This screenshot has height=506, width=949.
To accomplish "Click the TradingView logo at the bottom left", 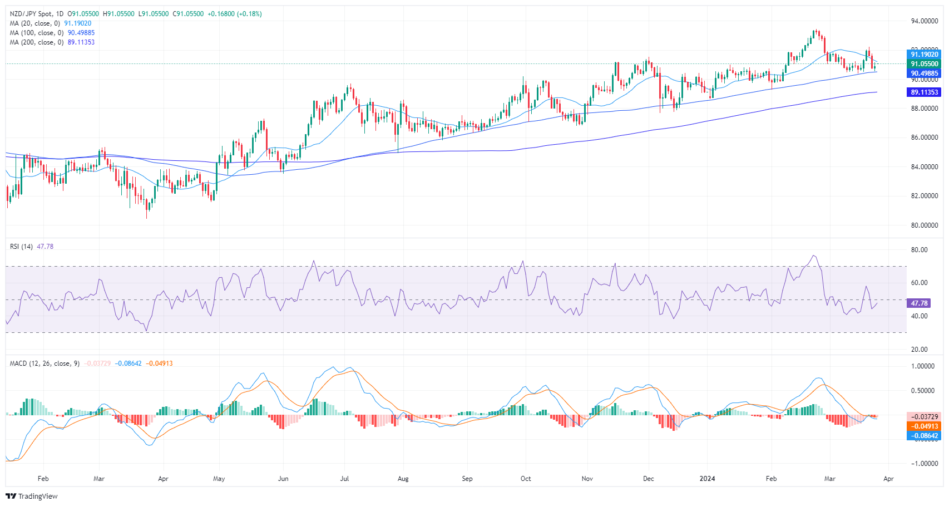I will [x=32, y=496].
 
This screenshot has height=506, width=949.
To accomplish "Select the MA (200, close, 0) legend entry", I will [x=37, y=42].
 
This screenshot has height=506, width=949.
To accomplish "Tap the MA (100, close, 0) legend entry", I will [x=37, y=33].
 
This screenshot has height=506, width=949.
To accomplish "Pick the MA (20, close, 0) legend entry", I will [x=35, y=23].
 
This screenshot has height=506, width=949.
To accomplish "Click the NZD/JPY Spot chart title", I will [x=36, y=14].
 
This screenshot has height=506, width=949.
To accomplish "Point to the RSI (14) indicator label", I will [x=21, y=247].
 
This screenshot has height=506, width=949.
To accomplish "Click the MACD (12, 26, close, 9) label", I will [x=45, y=363].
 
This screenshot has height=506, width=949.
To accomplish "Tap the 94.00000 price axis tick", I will [x=924, y=21].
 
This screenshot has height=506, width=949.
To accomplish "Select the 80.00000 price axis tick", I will [x=924, y=225].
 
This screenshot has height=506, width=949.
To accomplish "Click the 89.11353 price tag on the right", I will [x=924, y=92].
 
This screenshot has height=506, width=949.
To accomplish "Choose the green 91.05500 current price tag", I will [x=924, y=64].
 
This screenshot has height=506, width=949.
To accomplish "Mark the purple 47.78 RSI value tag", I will [x=919, y=303].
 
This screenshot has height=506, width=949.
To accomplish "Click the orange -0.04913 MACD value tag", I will [x=924, y=426].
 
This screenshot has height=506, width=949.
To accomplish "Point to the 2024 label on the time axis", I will [x=707, y=479].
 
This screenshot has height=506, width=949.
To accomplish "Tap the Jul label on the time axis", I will [x=344, y=479].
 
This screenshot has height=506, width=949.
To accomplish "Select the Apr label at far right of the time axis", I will [x=888, y=479].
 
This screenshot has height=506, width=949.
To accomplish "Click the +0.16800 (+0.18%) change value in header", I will [x=234, y=14].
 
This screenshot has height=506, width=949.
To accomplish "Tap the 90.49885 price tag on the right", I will [x=924, y=73].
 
